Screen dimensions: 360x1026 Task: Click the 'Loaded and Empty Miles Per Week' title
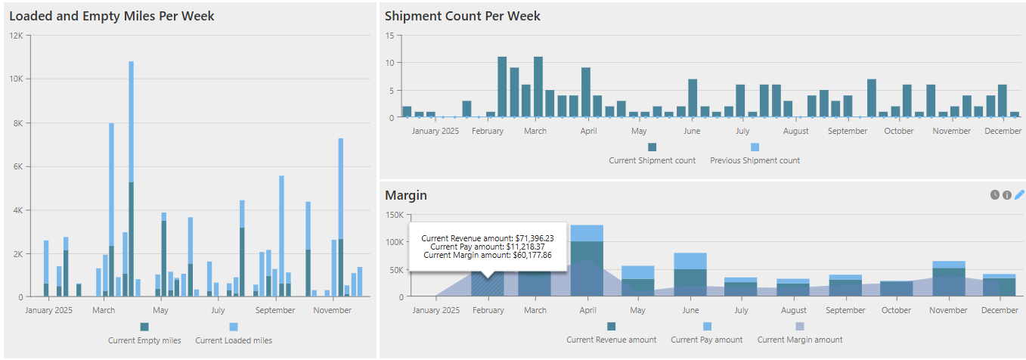[x=111, y=16]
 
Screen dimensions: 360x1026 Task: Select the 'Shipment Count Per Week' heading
[x=463, y=16]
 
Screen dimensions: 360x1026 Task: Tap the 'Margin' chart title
[x=406, y=195]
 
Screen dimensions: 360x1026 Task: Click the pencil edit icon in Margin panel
[x=1019, y=195]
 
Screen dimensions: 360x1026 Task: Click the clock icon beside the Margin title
[x=995, y=195]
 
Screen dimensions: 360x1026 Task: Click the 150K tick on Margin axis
[x=394, y=215]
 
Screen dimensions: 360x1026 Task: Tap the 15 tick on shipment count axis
[x=390, y=36]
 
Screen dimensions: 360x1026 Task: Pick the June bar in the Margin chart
[x=690, y=275]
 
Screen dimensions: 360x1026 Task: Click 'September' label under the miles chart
[x=275, y=310]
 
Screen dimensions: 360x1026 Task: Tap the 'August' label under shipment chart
[x=795, y=131]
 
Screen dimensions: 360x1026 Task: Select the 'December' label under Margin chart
[x=1000, y=310]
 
